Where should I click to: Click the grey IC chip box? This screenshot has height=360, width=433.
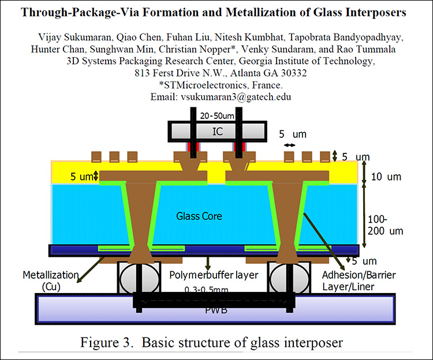(217, 132)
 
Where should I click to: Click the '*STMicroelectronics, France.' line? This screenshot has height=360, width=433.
(216, 85)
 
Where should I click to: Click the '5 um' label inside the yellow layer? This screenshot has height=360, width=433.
(81, 177)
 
